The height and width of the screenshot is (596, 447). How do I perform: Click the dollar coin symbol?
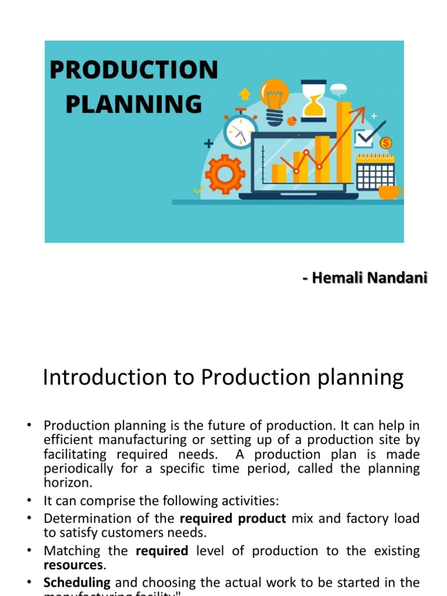(x=385, y=143)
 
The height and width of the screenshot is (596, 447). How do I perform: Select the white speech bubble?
(x=338, y=90)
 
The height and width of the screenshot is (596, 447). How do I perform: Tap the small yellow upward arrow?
(x=245, y=93)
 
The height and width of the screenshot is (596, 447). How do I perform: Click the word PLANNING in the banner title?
(x=133, y=104)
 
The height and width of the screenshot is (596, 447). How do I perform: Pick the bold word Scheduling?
(x=77, y=582)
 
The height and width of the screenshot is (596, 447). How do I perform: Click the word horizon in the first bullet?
(x=69, y=483)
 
